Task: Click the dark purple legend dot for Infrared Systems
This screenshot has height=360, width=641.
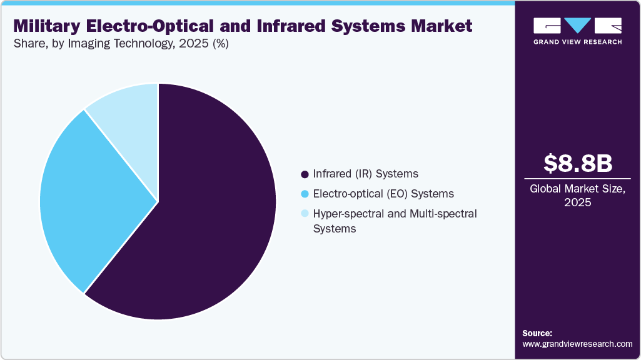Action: pos(305,174)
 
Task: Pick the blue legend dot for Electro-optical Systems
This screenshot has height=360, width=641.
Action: pos(305,194)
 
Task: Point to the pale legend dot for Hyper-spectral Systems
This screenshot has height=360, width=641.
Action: pos(305,214)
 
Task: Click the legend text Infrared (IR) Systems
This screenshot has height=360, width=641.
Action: pos(365,174)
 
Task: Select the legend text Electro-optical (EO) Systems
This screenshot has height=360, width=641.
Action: pos(383,194)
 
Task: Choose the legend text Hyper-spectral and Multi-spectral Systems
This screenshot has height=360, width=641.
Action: pos(395,221)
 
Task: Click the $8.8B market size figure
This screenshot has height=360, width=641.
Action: pos(577,163)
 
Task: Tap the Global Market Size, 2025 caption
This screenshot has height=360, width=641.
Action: pos(577,196)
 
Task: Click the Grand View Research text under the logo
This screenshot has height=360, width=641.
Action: pos(577,42)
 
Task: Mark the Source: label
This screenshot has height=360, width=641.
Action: pos(537,333)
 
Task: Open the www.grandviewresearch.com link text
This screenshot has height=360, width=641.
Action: pos(577,344)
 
